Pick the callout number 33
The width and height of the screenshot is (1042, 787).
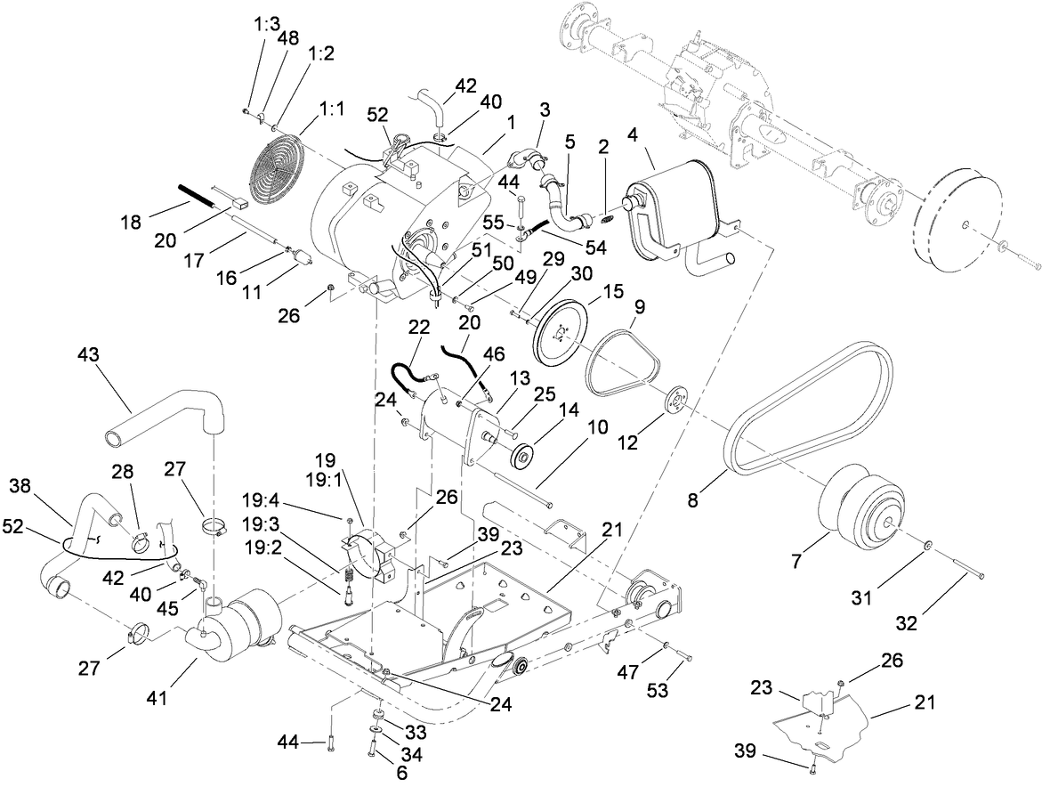click(416, 732)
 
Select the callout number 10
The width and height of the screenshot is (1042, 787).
click(598, 427)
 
